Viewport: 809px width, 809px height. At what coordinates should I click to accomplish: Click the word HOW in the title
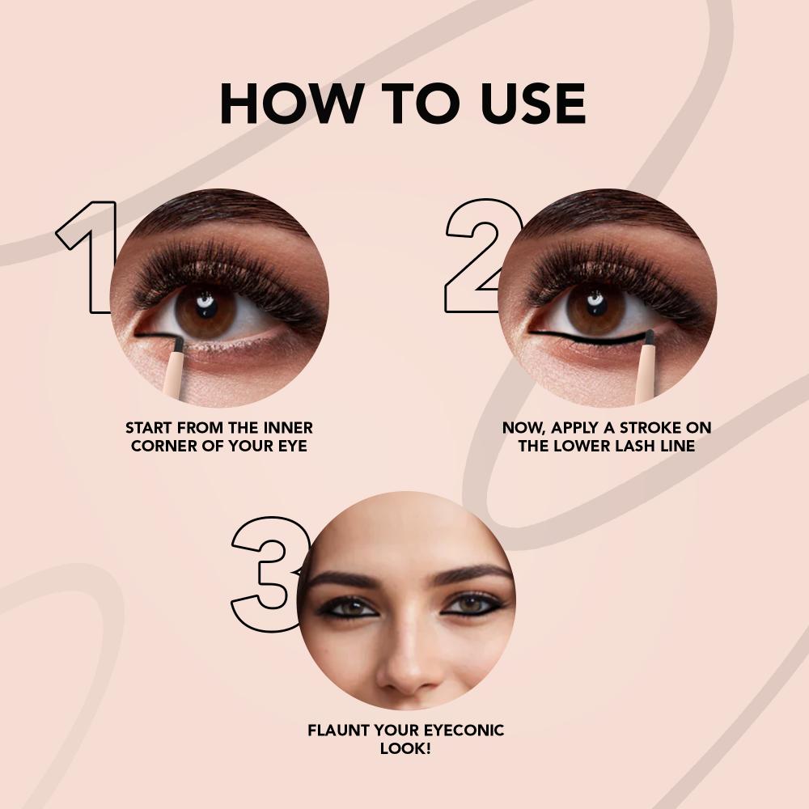[x=290, y=104]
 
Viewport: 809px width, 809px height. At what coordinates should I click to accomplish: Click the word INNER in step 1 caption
[x=288, y=428]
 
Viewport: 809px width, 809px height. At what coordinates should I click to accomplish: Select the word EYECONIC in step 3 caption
[x=464, y=730]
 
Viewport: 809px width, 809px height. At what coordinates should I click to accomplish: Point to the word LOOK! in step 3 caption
[x=405, y=748]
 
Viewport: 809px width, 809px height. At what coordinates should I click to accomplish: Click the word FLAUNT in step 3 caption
[x=338, y=730]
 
